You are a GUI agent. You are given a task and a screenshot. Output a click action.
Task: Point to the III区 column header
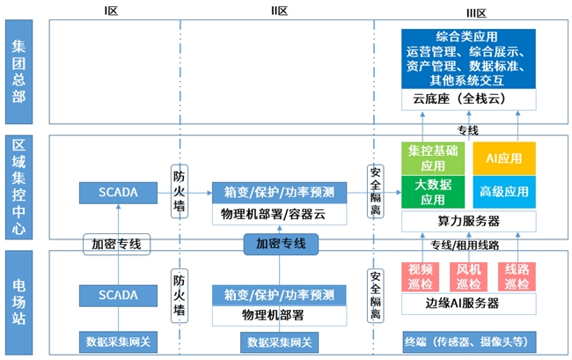coord(476,11)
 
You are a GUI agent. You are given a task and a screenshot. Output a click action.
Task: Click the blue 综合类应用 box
coord(467,58)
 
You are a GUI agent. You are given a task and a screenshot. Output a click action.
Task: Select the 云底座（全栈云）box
coord(467,99)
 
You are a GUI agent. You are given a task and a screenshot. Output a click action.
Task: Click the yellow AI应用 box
coord(503,158)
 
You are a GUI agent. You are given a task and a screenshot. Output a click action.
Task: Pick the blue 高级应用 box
coord(503,192)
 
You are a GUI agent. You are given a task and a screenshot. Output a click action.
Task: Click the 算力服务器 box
coord(467,220)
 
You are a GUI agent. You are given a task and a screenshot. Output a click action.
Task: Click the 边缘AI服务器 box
coord(467,304)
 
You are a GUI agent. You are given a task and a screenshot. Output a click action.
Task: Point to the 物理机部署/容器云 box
coord(278,214)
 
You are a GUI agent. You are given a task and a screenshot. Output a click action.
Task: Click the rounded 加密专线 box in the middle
coord(280,244)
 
